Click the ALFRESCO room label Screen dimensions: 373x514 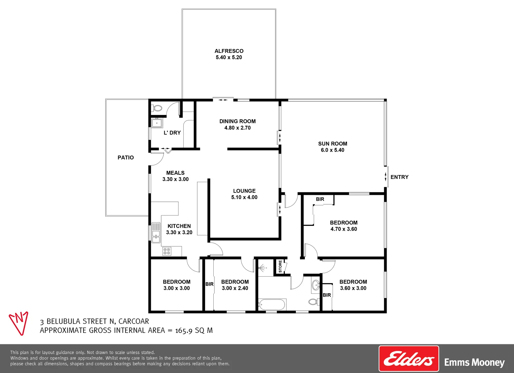tap(229, 51)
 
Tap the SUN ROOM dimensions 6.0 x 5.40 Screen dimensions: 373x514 tap(332, 150)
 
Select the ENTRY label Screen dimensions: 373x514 tap(399, 177)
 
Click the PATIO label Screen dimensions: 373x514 tap(126, 157)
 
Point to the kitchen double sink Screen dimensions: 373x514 tap(156, 232)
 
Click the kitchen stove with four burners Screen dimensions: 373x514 tap(167, 251)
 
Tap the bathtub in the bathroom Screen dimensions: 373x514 tap(272, 305)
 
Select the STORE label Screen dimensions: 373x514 tap(280, 266)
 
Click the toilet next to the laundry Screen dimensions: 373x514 tap(157, 108)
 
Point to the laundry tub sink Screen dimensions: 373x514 tap(157, 123)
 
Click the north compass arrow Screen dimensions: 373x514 tap(19, 323)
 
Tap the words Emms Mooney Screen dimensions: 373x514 tap(474, 363)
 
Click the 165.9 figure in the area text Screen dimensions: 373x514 tap(184, 331)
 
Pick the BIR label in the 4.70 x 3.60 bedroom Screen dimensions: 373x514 tap(320, 199)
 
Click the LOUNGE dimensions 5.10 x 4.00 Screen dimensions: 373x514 tap(244, 198)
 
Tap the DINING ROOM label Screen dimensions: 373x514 tap(237, 121)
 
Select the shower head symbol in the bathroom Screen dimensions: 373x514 tap(263, 268)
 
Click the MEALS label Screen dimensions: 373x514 tap(175, 173)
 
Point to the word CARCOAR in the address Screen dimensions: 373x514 tap(134, 322)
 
